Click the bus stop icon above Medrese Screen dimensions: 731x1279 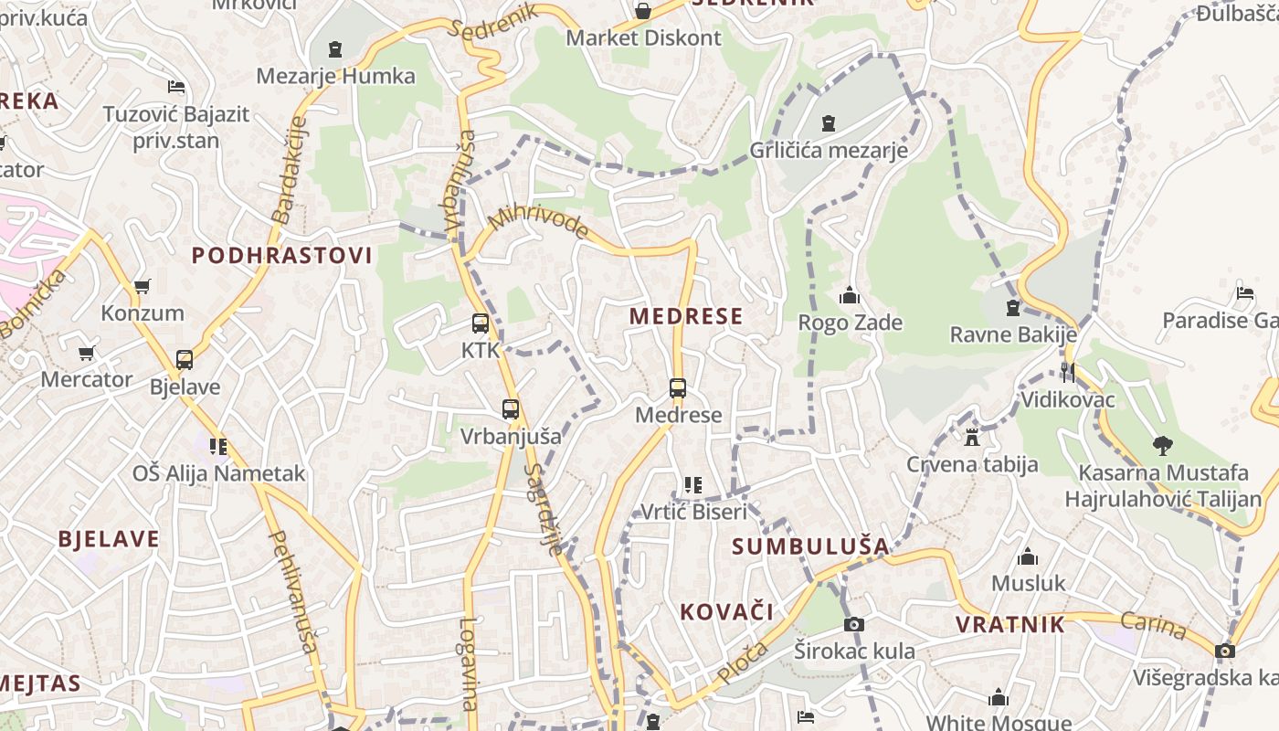(677, 387)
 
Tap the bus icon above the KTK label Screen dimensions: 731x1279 (481, 323)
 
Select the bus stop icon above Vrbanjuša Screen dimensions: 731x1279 (511, 409)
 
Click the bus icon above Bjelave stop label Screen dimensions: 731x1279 (185, 359)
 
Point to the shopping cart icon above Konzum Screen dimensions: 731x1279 (143, 286)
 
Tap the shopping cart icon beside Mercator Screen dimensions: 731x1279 (86, 353)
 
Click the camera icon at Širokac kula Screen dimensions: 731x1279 (854, 624)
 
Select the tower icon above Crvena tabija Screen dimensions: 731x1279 (972, 437)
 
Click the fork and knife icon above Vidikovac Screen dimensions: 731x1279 (1067, 372)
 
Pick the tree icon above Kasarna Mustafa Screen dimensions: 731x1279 (1163, 446)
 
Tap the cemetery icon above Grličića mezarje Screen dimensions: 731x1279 (829, 122)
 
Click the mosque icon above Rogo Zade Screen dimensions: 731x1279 (850, 295)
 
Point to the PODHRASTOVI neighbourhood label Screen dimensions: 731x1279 (282, 256)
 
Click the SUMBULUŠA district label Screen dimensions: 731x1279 (810, 546)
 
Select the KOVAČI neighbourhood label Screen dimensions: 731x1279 (726, 611)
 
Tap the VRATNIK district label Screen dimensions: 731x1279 (1010, 625)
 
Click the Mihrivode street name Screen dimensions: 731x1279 (540, 220)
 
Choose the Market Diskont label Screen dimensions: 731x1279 (644, 38)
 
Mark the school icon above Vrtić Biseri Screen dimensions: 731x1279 (693, 484)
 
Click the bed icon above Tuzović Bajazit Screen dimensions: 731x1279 (177, 87)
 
